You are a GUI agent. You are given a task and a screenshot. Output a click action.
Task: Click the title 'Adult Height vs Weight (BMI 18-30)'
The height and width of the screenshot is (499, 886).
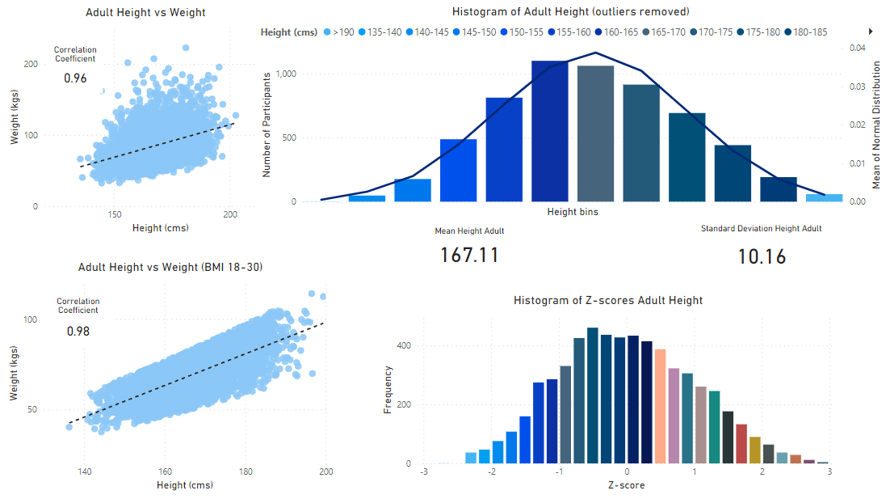point(170,267)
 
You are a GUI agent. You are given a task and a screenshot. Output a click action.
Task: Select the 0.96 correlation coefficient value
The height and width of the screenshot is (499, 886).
point(75,78)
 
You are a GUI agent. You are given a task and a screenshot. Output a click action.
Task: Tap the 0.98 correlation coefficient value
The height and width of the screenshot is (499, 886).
point(78,332)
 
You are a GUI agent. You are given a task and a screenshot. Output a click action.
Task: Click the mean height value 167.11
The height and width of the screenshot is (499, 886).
point(469,255)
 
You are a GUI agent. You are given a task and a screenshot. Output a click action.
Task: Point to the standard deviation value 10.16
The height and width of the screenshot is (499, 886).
point(762,256)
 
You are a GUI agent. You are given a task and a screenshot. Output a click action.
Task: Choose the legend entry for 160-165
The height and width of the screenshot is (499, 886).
point(616,32)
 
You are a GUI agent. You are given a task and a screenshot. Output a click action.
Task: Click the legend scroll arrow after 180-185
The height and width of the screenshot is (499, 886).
point(871,31)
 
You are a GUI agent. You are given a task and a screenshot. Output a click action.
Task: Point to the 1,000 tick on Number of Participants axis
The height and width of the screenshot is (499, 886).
point(287,74)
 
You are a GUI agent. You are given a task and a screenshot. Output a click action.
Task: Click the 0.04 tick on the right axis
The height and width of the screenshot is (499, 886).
point(856,49)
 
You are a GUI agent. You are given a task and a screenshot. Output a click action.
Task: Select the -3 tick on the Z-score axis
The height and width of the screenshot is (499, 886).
point(424,472)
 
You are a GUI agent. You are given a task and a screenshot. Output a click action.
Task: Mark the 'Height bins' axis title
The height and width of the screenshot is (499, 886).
point(573,213)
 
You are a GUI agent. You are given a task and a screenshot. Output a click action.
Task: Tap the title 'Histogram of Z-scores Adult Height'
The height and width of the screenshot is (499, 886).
point(608,300)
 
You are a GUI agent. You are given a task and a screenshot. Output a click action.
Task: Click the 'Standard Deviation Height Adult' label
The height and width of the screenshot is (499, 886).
point(761,229)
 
